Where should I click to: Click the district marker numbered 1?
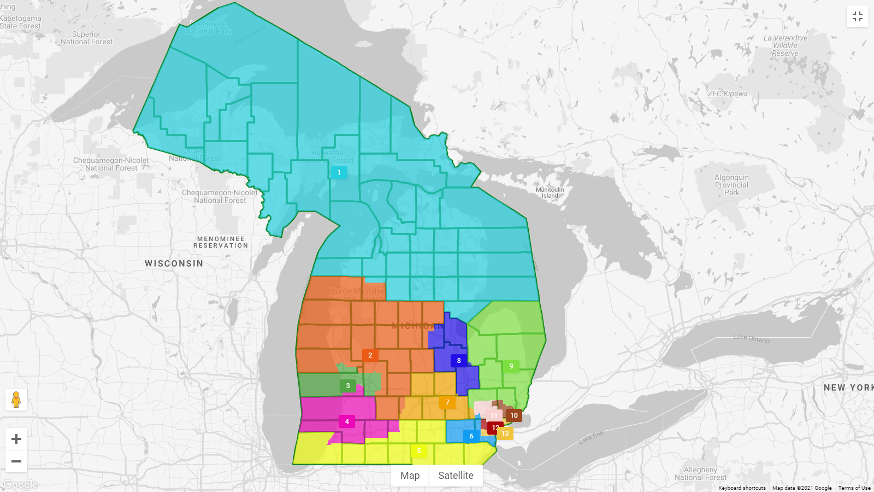(339, 173)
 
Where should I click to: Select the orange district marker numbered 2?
(370, 355)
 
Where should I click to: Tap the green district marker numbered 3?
(348, 386)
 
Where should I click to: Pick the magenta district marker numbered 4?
(347, 421)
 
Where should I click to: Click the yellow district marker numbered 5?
(419, 451)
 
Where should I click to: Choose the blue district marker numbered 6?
(471, 436)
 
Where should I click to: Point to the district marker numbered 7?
(447, 402)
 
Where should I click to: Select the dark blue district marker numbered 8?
(459, 361)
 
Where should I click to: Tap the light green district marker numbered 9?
(511, 366)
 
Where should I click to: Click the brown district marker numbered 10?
(514, 415)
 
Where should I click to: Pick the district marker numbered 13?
(505, 434)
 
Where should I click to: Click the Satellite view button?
(456, 476)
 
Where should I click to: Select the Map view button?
(410, 476)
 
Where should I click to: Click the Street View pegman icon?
(16, 400)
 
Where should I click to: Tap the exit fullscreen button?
(857, 16)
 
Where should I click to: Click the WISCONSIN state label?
(174, 263)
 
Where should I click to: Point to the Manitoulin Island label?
(550, 192)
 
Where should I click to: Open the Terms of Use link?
(854, 488)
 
